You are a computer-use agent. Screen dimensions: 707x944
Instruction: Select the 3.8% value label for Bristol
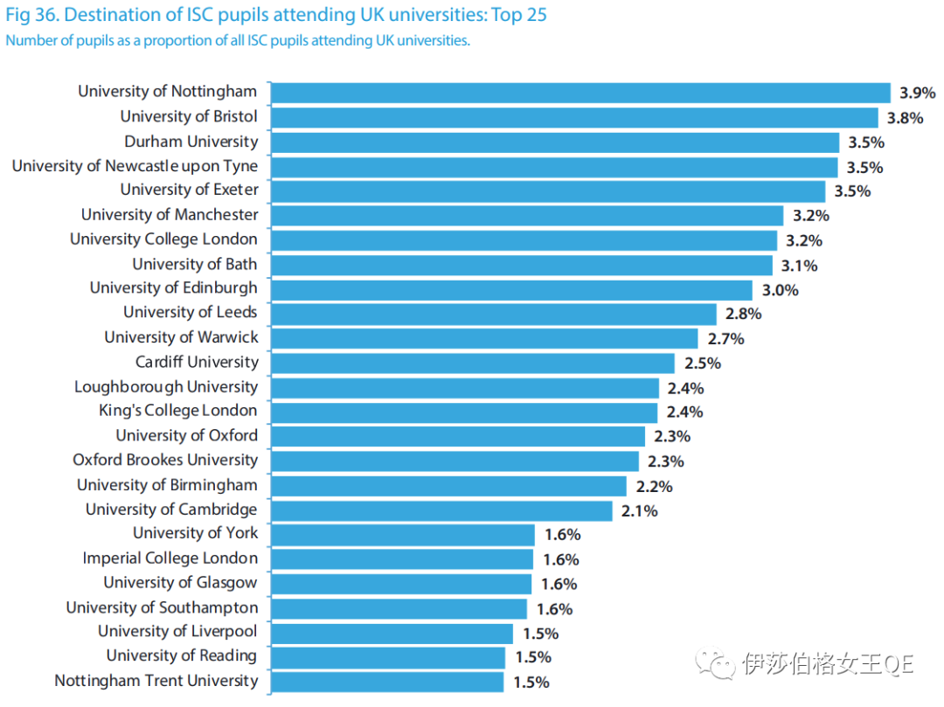tap(906, 118)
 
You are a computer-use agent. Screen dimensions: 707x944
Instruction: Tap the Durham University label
tap(191, 142)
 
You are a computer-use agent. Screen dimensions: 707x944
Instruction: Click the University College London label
tap(164, 239)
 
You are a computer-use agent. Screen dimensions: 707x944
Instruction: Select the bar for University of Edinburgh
tap(511, 290)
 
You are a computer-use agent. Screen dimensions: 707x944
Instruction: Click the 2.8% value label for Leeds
tap(743, 314)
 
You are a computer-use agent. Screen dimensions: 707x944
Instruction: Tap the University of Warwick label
tap(182, 337)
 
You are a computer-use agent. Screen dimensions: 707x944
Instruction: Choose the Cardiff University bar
tap(473, 364)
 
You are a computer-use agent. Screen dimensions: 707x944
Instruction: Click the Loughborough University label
tap(166, 386)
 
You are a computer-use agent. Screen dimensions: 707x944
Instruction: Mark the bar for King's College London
tap(464, 412)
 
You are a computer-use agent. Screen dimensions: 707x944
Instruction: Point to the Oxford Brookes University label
tap(165, 460)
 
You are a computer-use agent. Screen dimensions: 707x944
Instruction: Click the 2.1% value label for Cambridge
tap(640, 511)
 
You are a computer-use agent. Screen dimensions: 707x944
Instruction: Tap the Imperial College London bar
tap(402, 559)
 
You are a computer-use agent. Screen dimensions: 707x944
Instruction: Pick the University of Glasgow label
tap(181, 583)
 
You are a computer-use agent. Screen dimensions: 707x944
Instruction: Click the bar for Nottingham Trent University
tap(387, 683)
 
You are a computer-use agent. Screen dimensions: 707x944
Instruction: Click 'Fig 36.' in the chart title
tap(32, 16)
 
